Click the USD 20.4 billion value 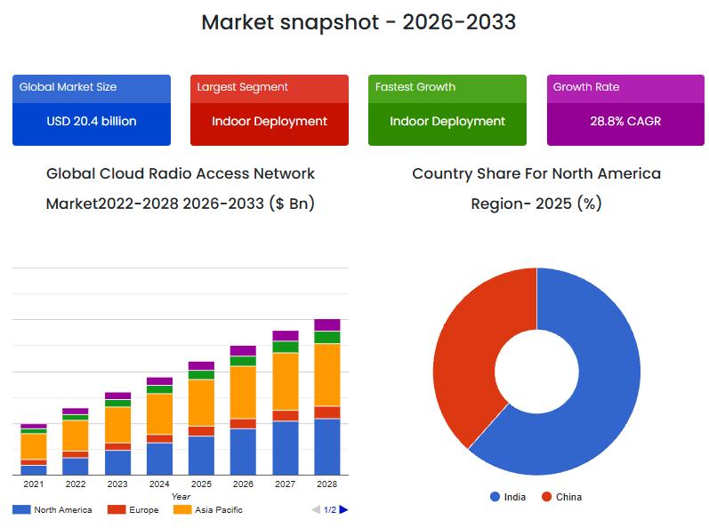pos(92,121)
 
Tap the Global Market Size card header pos(92,87)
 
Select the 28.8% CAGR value pos(625,121)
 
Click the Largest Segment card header pos(270,87)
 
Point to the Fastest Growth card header pos(447,87)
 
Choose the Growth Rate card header pos(625,87)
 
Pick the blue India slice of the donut pos(596,382)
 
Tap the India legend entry pos(508,497)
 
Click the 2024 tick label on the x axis pos(159,484)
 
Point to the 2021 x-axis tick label pos(33,484)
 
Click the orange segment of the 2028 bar pos(327,374)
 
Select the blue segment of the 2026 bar pos(243,452)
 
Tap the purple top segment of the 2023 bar pos(117,396)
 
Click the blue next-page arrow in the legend pos(344,509)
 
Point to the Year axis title pos(181,496)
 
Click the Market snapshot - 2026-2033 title pos(359,22)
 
